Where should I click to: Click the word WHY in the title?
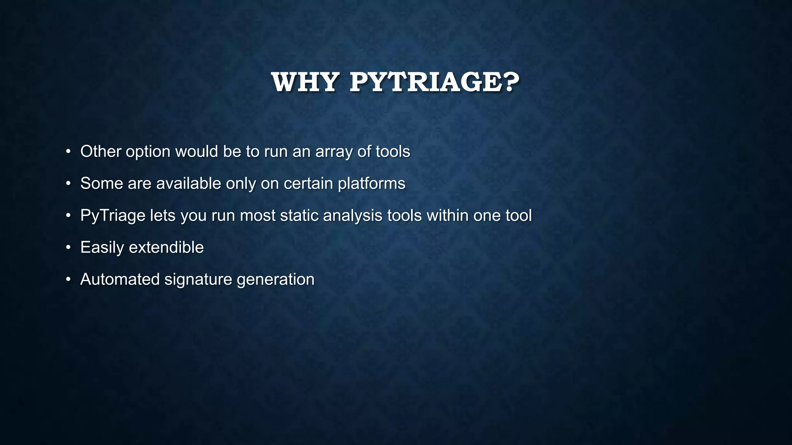click(305, 82)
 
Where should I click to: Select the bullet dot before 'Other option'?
click(68, 151)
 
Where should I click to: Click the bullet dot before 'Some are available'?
click(68, 183)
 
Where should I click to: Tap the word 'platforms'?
click(371, 183)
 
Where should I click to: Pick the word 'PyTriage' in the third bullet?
click(113, 216)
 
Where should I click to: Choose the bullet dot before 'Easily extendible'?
click(68, 248)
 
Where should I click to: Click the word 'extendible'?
click(166, 248)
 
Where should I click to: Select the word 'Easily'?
click(102, 248)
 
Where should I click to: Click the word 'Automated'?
click(120, 280)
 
